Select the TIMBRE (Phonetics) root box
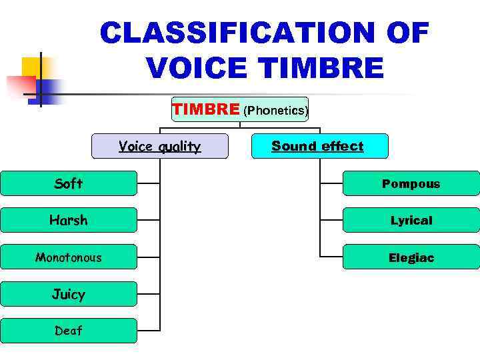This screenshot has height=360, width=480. coord(240,109)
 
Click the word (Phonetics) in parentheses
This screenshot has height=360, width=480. coord(275,111)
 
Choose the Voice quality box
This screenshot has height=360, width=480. coord(159,147)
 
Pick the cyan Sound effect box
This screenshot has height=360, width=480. coord(319,146)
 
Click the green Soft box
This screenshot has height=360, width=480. coord(69,183)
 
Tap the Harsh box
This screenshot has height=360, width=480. coord(69,220)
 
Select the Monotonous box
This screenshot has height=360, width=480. coord(69,257)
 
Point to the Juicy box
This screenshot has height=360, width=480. coord(69,293)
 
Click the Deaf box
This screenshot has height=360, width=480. coord(69,331)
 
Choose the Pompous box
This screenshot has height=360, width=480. coord(411,183)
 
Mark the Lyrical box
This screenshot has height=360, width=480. coord(411,220)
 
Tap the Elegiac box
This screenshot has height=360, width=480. coord(411,257)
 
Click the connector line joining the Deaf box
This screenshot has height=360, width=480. coord(149,331)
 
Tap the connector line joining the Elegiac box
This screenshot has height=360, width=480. coord(331,257)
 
